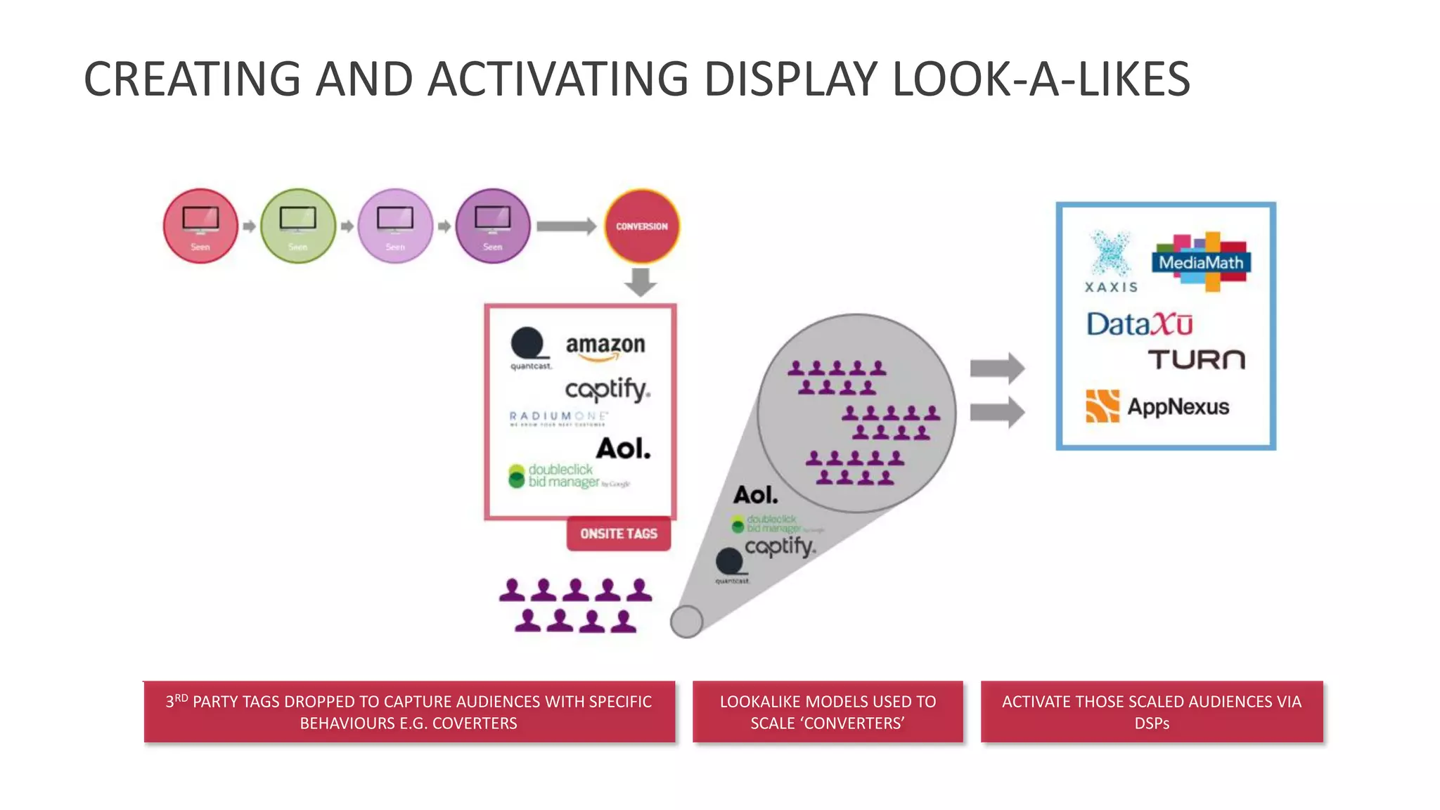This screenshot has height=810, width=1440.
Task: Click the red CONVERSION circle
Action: tap(641, 226)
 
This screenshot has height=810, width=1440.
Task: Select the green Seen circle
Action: tap(298, 226)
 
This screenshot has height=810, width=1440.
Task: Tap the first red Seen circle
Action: tap(200, 226)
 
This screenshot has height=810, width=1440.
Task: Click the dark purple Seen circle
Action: tap(493, 226)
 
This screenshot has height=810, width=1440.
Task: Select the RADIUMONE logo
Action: tap(558, 418)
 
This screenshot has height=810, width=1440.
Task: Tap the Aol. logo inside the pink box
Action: tap(624, 449)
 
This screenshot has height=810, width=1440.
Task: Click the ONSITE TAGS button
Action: tap(619, 534)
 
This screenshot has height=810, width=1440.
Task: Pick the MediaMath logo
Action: tap(1201, 262)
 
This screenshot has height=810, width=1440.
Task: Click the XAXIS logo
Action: tap(1111, 263)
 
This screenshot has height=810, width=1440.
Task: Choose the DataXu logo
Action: tap(1139, 325)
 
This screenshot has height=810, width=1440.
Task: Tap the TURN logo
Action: tap(1197, 360)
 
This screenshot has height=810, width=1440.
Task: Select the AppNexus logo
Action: tap(1158, 406)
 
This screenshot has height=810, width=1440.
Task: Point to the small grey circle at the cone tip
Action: tap(686, 622)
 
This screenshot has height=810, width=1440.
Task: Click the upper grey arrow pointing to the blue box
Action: tap(997, 368)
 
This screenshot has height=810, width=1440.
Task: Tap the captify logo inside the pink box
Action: tap(607, 390)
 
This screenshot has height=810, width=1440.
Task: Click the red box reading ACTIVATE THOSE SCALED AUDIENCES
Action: tap(1152, 712)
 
